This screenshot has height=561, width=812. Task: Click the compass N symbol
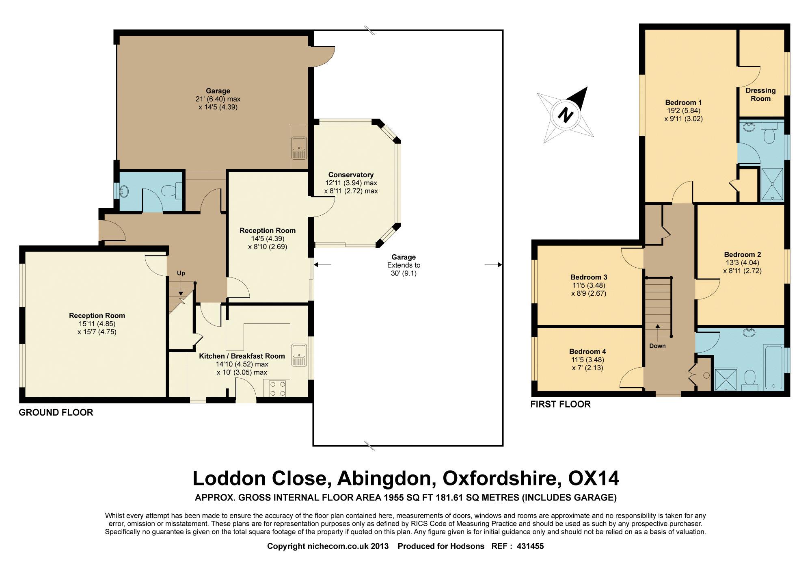[565, 115]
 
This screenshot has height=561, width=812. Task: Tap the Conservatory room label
[351, 175]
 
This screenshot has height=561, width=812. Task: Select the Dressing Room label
[760, 94]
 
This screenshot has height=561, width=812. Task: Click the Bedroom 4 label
[587, 351]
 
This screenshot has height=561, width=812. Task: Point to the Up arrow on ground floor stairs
[181, 287]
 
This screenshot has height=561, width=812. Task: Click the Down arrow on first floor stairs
[657, 332]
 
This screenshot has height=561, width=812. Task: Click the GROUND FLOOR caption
[56, 412]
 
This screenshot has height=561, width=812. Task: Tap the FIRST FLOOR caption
[561, 404]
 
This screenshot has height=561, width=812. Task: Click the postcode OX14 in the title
[594, 478]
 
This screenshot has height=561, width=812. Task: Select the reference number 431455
[530, 546]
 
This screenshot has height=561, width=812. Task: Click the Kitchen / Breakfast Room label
[242, 356]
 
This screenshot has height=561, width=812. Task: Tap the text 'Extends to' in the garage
[404, 265]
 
